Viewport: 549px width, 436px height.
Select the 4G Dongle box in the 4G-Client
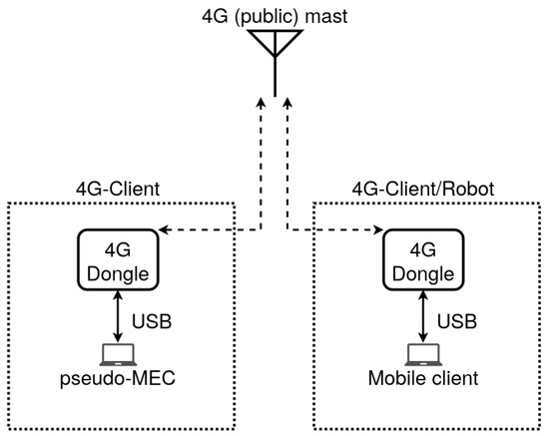(x=119, y=257)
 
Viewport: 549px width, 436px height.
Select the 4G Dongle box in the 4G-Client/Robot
(x=423, y=257)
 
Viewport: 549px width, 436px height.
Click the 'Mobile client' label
(x=423, y=379)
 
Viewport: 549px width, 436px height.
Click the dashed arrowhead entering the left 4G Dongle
(x=164, y=231)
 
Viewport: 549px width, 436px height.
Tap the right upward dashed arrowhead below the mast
(x=286, y=103)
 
